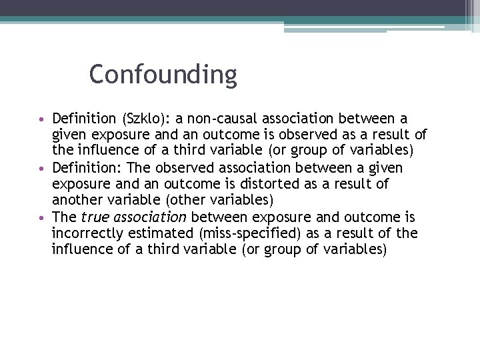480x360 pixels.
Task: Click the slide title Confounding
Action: (x=163, y=75)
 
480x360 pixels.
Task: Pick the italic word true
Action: (x=94, y=217)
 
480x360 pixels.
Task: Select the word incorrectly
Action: (x=85, y=233)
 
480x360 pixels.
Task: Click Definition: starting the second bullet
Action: (x=83, y=167)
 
